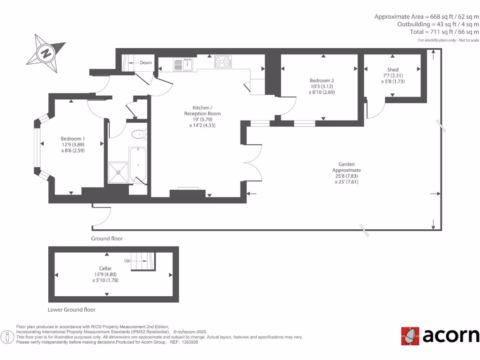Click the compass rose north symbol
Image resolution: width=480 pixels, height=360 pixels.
pyautogui.click(x=45, y=52)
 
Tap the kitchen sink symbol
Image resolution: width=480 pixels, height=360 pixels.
pyautogui.click(x=182, y=64)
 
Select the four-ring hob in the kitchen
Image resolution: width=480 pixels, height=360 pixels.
pyautogui.click(x=223, y=62)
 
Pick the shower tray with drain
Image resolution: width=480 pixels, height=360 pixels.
pyautogui.click(x=118, y=172)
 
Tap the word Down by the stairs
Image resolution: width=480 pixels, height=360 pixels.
pyautogui.click(x=146, y=63)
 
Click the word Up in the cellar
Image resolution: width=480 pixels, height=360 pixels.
pyautogui.click(x=127, y=260)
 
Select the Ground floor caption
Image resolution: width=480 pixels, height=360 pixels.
pyautogui.click(x=107, y=239)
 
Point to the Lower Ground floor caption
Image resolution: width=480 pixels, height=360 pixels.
pyautogui.click(x=72, y=310)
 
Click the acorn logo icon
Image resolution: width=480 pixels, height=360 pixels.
pyautogui.click(x=410, y=336)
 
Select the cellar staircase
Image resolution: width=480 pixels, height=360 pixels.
pyautogui.click(x=142, y=261)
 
